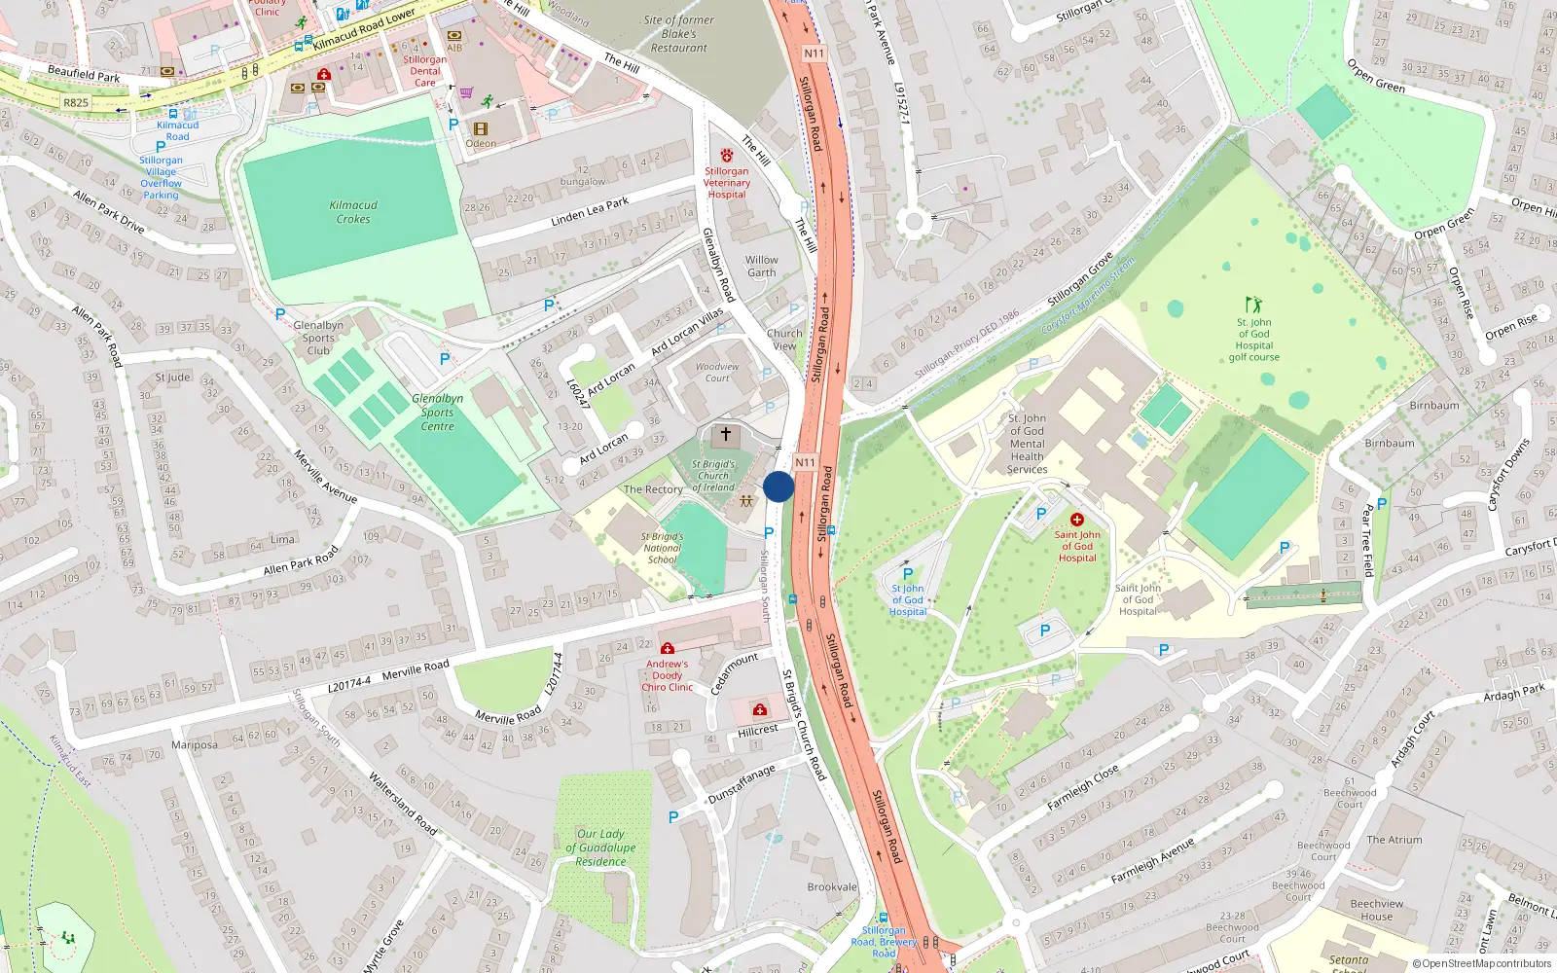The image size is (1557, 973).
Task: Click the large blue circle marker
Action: tap(778, 486)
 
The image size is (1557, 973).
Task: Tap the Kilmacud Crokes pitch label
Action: tap(353, 212)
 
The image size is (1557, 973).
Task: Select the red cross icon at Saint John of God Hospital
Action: tap(1077, 520)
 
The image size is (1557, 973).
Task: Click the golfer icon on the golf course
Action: tap(1253, 305)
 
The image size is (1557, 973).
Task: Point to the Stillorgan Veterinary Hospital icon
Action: tap(727, 155)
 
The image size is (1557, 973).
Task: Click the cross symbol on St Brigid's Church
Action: tap(725, 434)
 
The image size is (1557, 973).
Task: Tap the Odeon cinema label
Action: tap(481, 143)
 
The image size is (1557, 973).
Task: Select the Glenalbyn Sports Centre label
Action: tap(437, 412)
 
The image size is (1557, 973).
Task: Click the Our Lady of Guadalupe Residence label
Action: tap(600, 847)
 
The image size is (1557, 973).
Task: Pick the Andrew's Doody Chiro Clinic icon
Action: tap(667, 648)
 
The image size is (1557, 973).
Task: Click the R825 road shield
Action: tap(76, 102)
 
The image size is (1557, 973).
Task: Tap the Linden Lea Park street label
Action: tap(590, 211)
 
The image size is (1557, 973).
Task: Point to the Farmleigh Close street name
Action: tap(1082, 787)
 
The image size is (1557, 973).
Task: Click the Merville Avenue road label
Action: tap(325, 477)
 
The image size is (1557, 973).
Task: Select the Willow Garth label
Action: tap(762, 266)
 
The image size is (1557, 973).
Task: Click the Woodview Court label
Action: tap(717, 372)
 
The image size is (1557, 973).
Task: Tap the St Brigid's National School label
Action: tap(662, 548)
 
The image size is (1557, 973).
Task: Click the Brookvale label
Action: tap(832, 887)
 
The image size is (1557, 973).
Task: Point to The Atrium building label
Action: tap(1394, 840)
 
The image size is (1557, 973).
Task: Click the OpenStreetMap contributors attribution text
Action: tap(1481, 963)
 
